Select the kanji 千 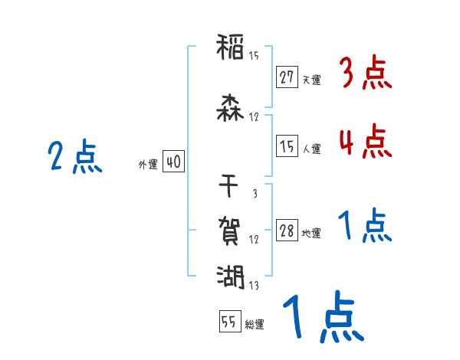tap(230, 185)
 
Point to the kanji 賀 tap(230, 230)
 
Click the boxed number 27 tap(287, 78)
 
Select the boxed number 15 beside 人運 tap(287, 147)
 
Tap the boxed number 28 tap(287, 231)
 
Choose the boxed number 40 tap(173, 162)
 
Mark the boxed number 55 tap(229, 322)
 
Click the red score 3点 tap(364, 75)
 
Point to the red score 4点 tap(364, 142)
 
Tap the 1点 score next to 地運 tap(364, 227)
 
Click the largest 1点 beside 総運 tap(321, 320)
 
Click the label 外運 tap(148, 164)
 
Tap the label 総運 tap(255, 325)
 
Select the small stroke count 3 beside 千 tap(255, 193)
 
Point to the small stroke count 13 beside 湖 tap(254, 286)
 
